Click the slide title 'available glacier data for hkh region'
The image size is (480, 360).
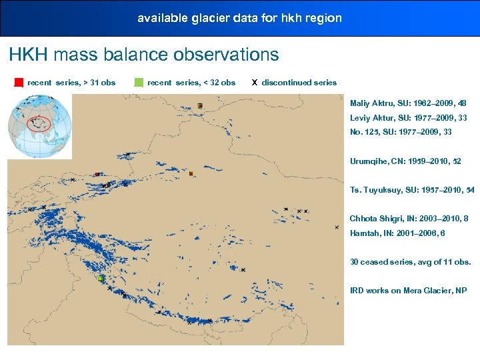tap(239, 18)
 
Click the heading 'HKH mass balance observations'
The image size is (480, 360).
tap(144, 55)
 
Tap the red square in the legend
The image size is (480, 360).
tap(19, 83)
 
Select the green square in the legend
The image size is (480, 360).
tap(139, 83)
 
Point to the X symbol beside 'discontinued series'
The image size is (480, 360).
tap(254, 83)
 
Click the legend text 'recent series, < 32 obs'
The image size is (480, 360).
tap(191, 83)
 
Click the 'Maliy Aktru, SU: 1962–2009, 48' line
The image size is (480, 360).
tap(408, 103)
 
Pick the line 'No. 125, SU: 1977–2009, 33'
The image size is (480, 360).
tap(401, 132)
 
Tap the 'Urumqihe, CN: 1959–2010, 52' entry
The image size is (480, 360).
tap(405, 161)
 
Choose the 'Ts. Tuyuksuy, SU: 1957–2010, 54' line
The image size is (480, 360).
tap(412, 190)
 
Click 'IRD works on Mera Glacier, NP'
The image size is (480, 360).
tap(409, 291)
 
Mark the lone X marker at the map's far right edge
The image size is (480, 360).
tap(337, 227)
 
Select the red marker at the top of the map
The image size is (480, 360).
tap(199, 105)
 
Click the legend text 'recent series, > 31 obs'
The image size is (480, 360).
tap(71, 83)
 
